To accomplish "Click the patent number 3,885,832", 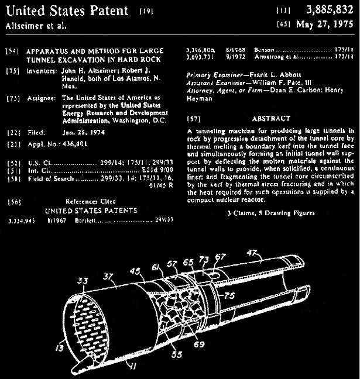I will pyautogui.click(x=324, y=10).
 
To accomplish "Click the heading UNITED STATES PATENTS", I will pyautogui.click(x=91, y=210).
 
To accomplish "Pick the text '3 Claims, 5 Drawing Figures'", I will pyautogui.click(x=270, y=213).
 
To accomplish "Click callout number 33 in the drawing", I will pyautogui.click(x=82, y=281).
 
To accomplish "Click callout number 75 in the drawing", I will pyautogui.click(x=229, y=295).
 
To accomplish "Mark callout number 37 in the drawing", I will pyautogui.click(x=107, y=276).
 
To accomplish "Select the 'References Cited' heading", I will pyautogui.click(x=90, y=200).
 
